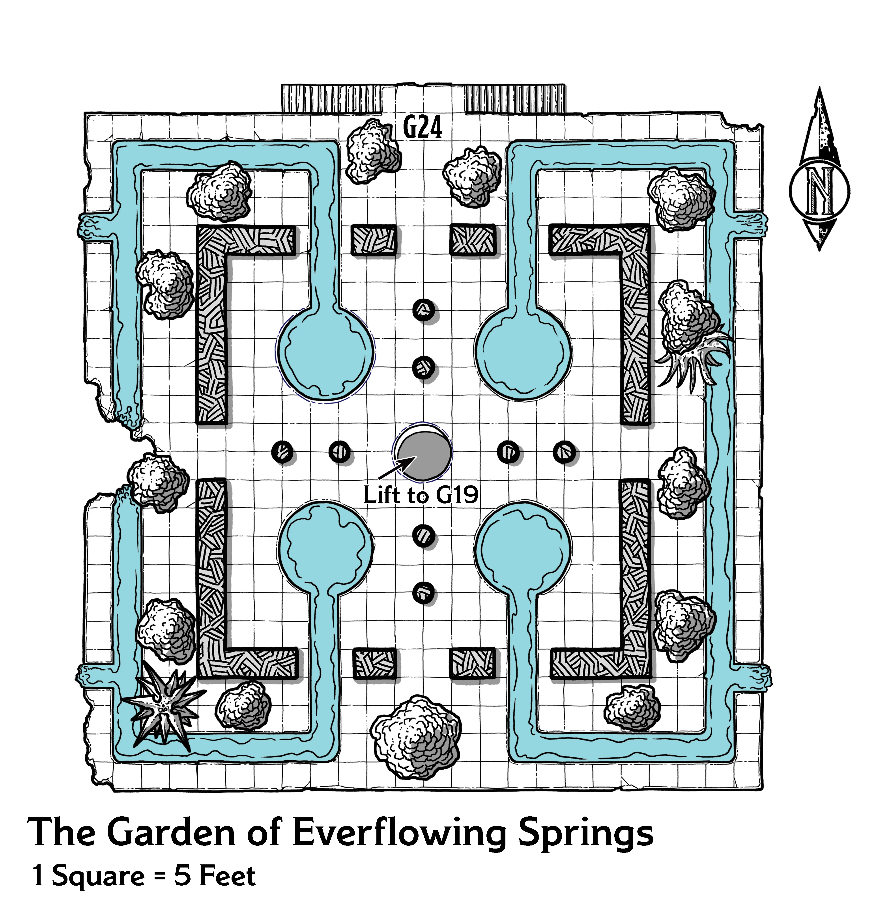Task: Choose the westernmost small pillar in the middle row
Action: point(282,451)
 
